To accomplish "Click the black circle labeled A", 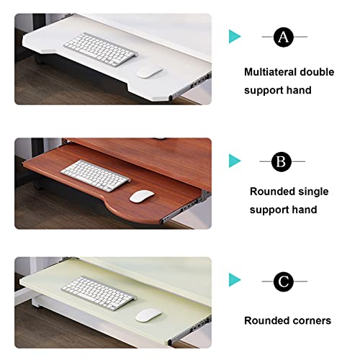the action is coord(284,37).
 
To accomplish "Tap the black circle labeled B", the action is coord(282,161).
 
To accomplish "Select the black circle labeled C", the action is coord(284,282).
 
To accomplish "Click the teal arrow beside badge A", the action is coord(235,37).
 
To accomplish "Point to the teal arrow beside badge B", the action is coord(235,161).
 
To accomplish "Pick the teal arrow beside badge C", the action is coord(235,280).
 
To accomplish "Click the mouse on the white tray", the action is coord(150,72).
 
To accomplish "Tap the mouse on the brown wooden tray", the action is coord(142,196).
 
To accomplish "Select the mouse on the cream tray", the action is coord(148,315).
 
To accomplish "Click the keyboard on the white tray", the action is coord(101,50).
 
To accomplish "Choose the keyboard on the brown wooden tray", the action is coord(95,176).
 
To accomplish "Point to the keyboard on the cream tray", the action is coord(99,293).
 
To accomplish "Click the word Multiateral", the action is coord(270,72).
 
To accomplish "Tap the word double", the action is coord(318,72).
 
